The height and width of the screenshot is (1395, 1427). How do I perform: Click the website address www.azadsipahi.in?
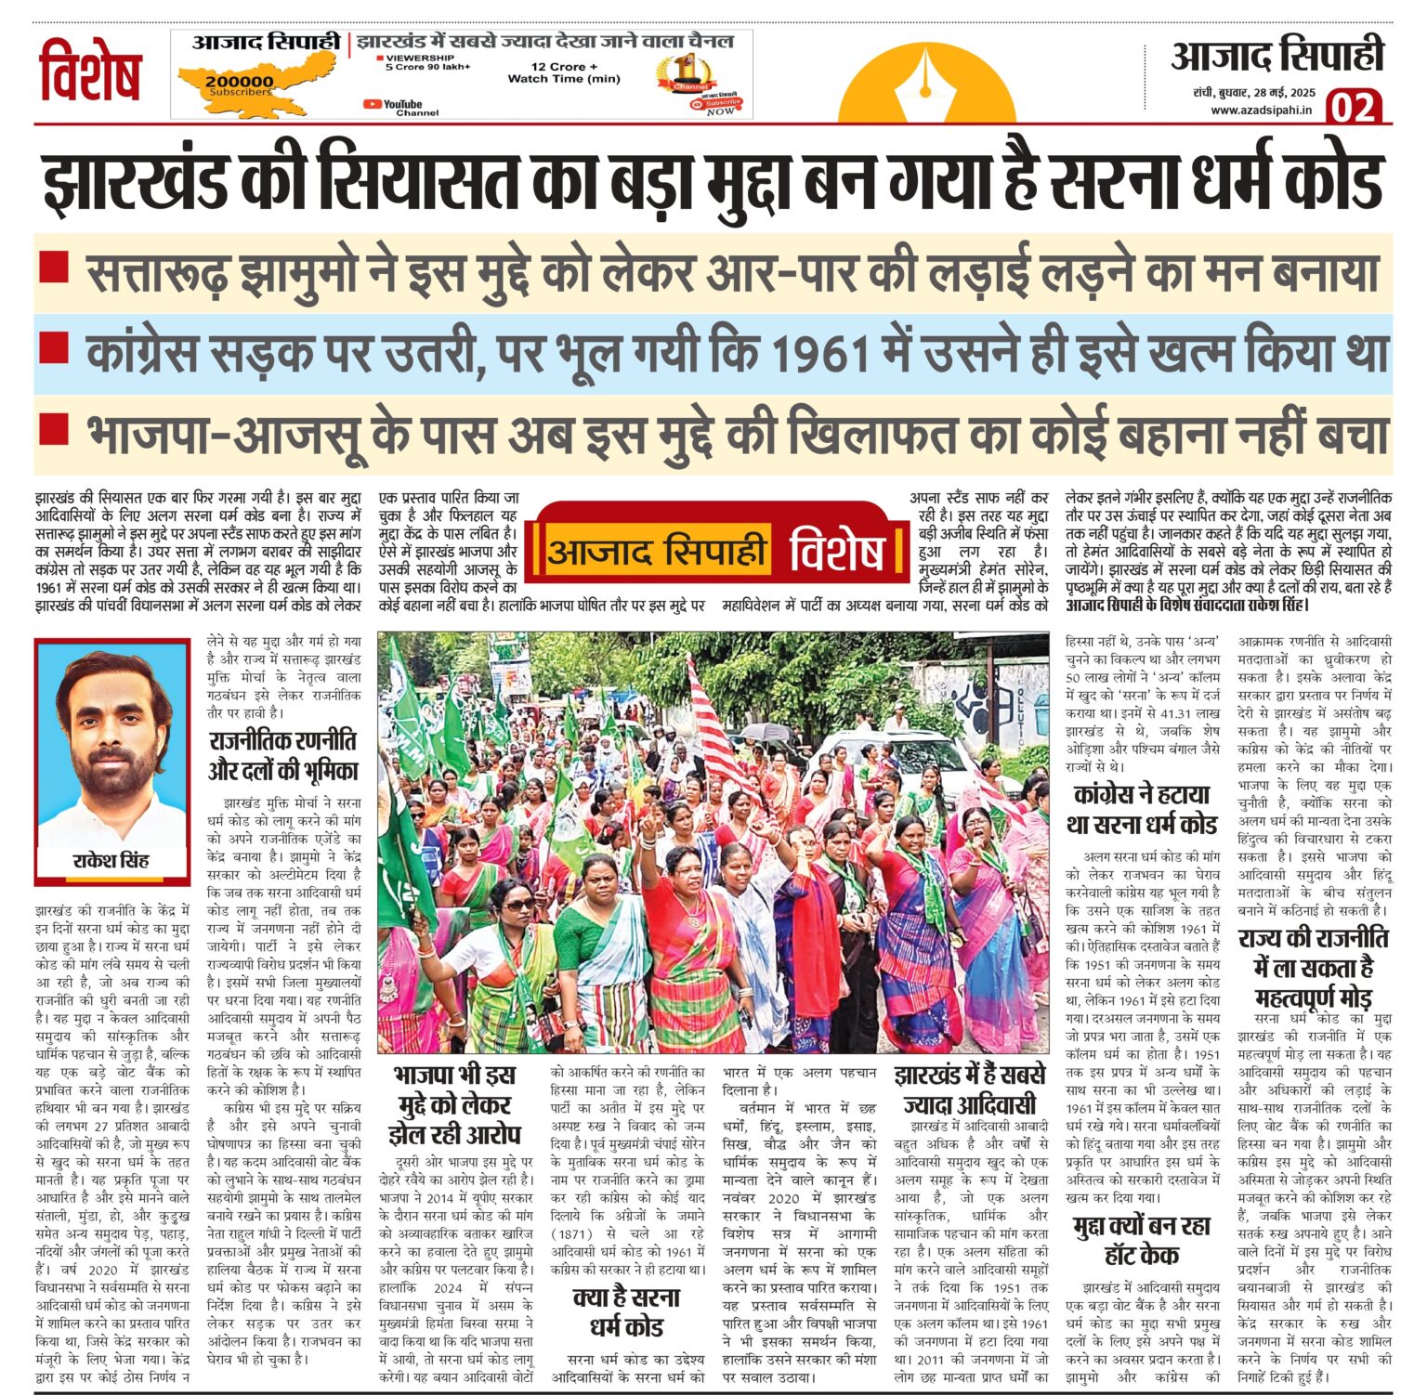click(1261, 111)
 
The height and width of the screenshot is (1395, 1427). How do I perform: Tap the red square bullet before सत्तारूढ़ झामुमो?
click(54, 267)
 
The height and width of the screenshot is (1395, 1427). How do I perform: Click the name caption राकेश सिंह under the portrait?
click(111, 860)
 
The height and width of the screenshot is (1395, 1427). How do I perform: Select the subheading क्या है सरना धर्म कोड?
click(626, 1310)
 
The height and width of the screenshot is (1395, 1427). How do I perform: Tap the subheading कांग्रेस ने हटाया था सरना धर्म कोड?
click(1141, 809)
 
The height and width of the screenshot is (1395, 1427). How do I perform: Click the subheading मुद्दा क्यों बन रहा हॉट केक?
click(1141, 1240)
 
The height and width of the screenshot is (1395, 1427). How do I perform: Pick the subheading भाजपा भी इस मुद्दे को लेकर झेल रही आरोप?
click(455, 1104)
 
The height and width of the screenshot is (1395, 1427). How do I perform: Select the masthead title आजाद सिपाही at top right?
click(1276, 56)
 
